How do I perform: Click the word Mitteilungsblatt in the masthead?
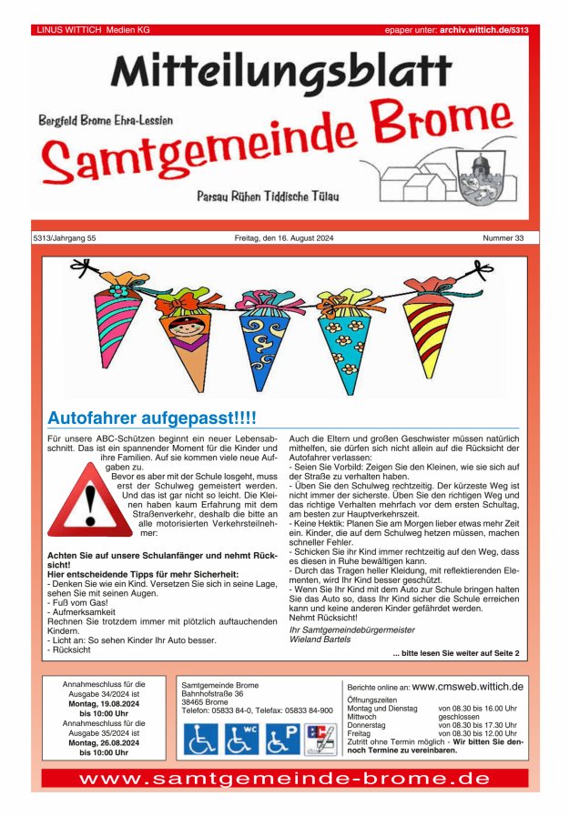pos(281,71)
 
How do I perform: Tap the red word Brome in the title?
pos(439,126)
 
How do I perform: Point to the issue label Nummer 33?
pos(503,238)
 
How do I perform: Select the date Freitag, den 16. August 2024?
pos(284,238)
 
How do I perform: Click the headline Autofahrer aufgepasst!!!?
pos(152,418)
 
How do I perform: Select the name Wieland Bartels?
pos(320,640)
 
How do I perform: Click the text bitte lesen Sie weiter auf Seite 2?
pos(456,653)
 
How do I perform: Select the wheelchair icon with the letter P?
pos(282,739)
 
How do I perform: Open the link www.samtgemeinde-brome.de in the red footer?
pos(284,779)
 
